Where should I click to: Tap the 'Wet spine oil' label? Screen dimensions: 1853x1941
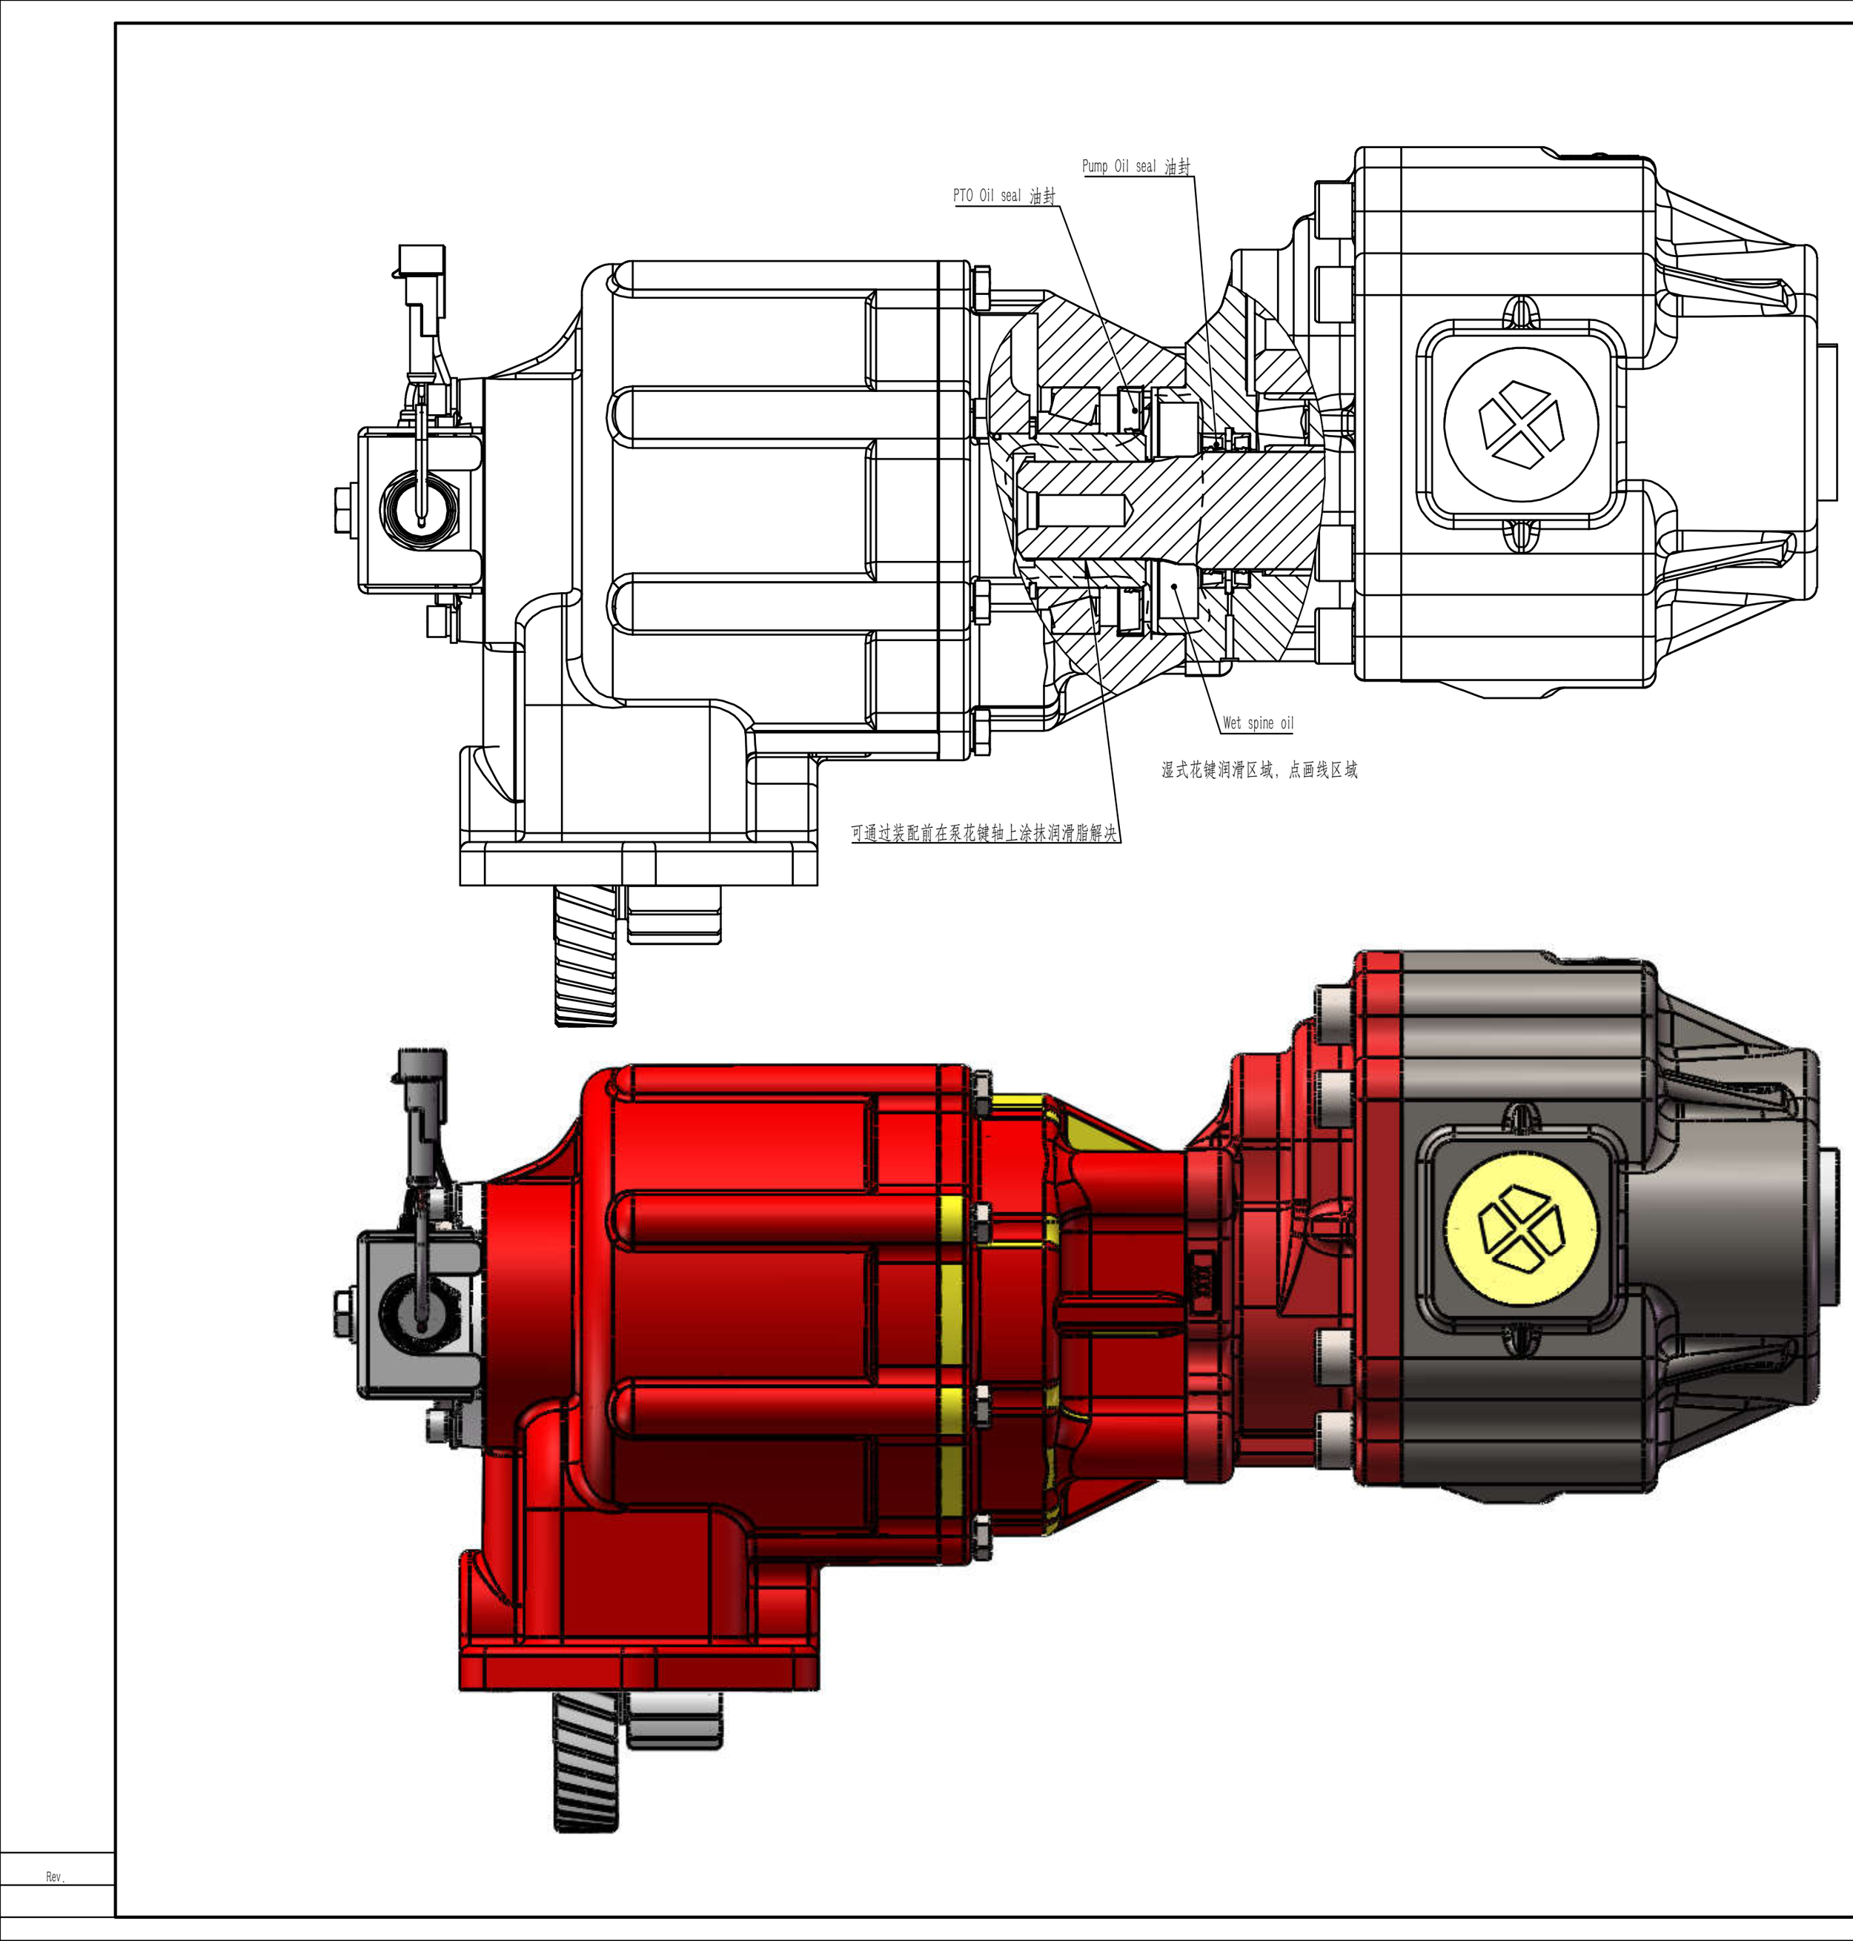coord(1257,723)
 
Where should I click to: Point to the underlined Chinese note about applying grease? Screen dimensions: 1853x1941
coord(984,833)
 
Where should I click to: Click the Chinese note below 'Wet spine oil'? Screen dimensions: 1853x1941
coord(1259,769)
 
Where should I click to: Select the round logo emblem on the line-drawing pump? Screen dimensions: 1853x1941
coord(1520,424)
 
